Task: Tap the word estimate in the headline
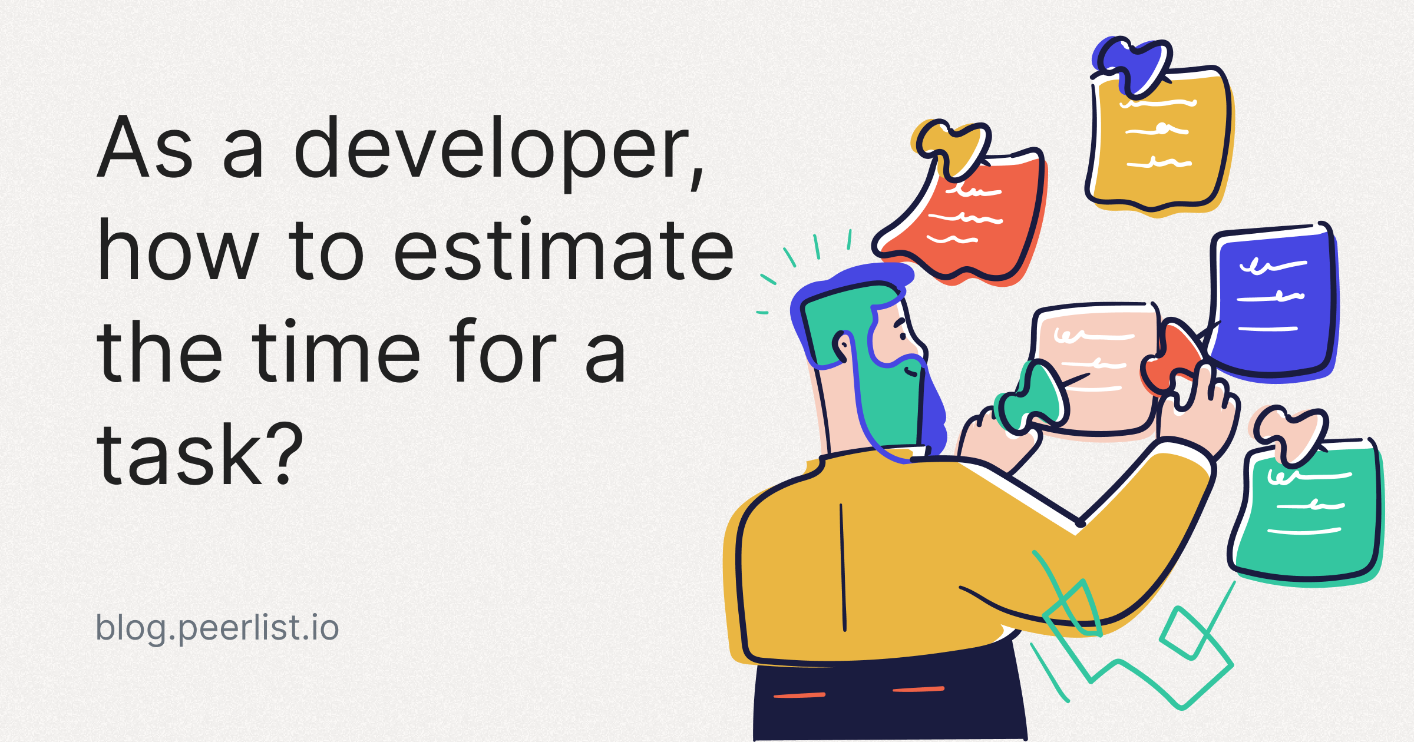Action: pos(563,251)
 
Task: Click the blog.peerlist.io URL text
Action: pos(217,628)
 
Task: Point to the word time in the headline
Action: pos(336,353)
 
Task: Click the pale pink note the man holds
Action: pos(1096,365)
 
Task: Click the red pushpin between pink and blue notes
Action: pos(1169,359)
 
